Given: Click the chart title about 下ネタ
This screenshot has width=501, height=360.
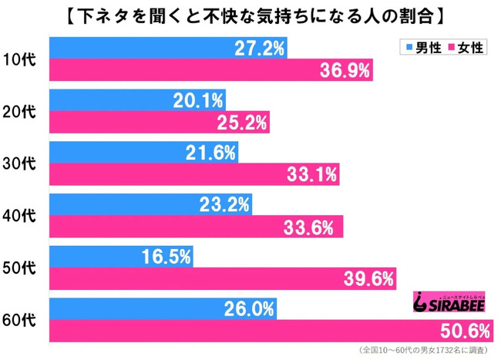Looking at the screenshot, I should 250,15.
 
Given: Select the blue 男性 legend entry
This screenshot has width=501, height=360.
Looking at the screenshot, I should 422,48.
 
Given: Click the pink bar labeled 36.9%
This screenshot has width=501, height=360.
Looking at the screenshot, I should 212,71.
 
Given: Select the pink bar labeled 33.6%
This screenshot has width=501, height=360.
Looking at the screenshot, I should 197,227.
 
